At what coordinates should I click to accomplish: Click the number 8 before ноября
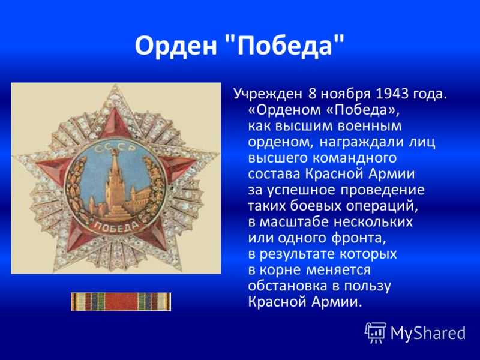(312, 94)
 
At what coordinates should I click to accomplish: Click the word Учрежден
(268, 94)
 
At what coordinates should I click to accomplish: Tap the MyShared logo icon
(375, 332)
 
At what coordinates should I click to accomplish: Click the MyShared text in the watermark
(428, 333)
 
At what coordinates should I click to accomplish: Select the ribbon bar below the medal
(121, 302)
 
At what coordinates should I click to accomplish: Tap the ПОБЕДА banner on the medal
(116, 227)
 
